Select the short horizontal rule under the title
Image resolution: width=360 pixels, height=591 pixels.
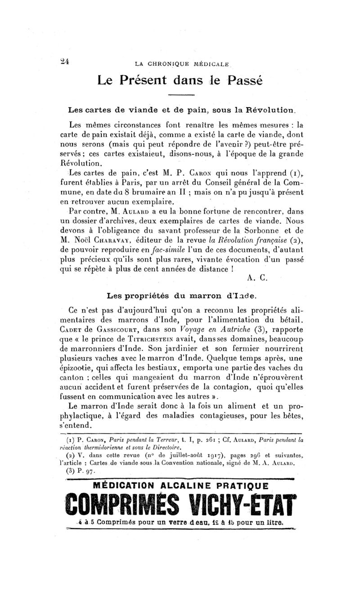181,95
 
